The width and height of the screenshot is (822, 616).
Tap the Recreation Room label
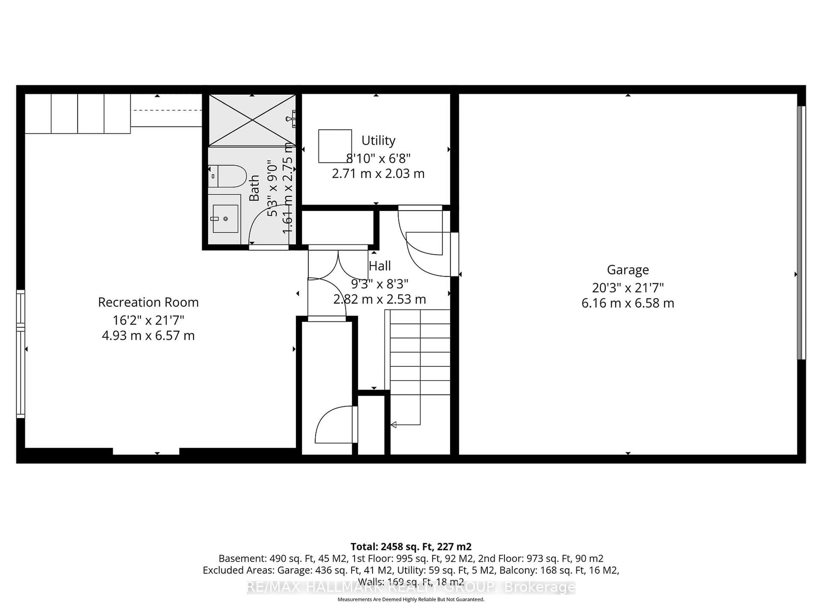click(x=148, y=302)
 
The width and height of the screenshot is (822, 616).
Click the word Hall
click(x=380, y=266)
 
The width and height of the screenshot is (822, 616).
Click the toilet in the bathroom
click(x=227, y=176)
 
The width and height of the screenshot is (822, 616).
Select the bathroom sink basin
click(x=225, y=219)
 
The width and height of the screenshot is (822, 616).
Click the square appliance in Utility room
click(x=335, y=146)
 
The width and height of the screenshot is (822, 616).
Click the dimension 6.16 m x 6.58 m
click(x=628, y=303)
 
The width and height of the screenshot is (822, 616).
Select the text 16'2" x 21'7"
click(x=148, y=320)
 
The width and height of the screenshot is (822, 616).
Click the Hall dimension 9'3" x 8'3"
click(x=380, y=284)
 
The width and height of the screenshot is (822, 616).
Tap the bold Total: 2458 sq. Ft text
click(x=411, y=546)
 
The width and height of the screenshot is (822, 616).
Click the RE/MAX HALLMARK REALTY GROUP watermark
click(x=411, y=587)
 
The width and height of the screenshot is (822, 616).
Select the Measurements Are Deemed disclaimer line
click(x=411, y=599)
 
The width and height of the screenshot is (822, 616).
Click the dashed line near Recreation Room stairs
click(x=167, y=110)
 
